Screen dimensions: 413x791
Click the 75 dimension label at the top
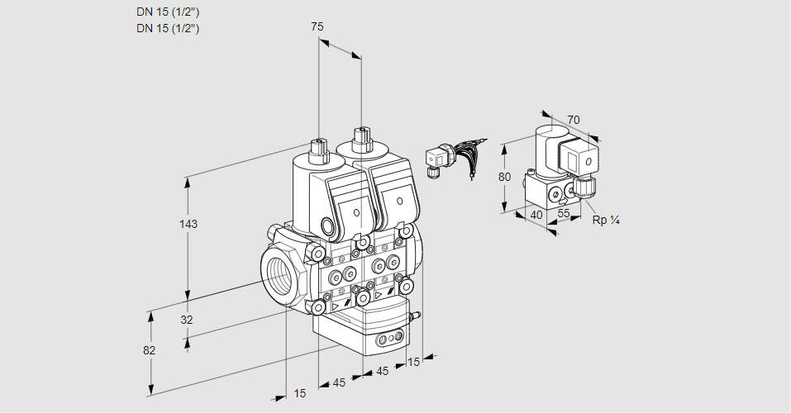tap(317, 27)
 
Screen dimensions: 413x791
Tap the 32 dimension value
tap(186, 320)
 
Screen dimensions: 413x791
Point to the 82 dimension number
tap(149, 350)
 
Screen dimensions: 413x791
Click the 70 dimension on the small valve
tap(574, 121)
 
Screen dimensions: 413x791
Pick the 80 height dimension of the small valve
tap(505, 177)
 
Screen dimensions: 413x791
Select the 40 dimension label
tap(536, 215)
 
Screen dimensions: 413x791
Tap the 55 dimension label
tap(565, 214)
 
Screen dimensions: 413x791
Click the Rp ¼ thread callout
tap(607, 220)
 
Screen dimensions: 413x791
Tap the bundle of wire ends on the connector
tap(474, 157)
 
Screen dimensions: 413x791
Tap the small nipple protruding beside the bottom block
tap(415, 315)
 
